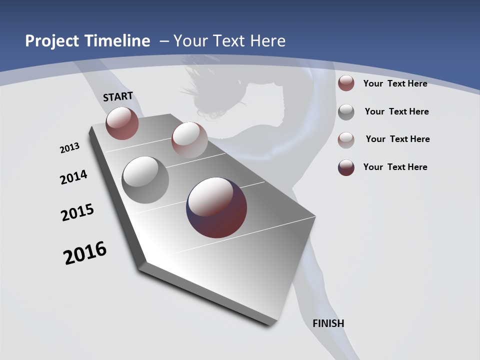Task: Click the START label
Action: [118, 96]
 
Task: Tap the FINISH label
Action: [328, 323]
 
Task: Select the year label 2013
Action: [69, 148]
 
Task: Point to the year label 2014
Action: [73, 177]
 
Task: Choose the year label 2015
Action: [77, 212]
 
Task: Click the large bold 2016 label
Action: [85, 252]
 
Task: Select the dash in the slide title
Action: [164, 41]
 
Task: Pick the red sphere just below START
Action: [122, 123]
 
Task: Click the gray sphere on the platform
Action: [145, 180]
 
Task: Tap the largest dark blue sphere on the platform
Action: [216, 207]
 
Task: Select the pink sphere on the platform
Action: [189, 139]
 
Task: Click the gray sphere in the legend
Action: [346, 112]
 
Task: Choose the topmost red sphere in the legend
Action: [346, 83]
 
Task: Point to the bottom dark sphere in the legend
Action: [346, 167]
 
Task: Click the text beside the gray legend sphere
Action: [396, 111]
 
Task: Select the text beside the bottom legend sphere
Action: [395, 167]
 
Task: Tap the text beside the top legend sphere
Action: [395, 83]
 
